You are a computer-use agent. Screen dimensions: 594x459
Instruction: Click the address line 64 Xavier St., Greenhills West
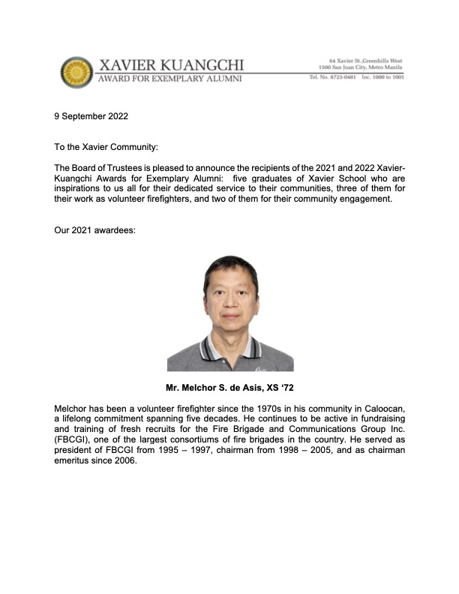click(367, 59)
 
